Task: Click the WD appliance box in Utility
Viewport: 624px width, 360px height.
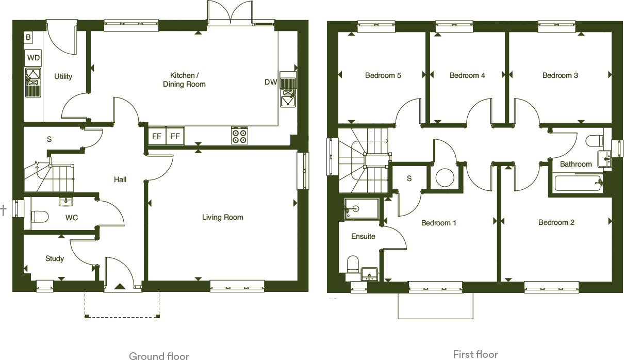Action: [x=33, y=58]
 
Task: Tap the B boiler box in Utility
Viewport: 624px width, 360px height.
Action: [x=28, y=37]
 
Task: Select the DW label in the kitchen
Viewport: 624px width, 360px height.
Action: [x=271, y=82]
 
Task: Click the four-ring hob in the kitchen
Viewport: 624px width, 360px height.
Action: [x=239, y=136]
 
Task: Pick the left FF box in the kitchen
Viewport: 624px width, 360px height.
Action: [x=156, y=136]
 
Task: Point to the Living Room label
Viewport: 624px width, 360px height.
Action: [x=222, y=217]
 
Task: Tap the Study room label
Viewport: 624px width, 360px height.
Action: [x=54, y=258]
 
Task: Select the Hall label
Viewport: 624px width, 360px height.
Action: [x=120, y=179]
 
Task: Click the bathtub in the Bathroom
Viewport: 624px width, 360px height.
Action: [x=577, y=184]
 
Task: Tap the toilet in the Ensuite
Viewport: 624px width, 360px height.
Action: [x=353, y=265]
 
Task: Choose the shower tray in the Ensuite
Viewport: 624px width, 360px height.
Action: [x=360, y=209]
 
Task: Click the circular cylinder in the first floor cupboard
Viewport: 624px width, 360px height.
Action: [x=444, y=178]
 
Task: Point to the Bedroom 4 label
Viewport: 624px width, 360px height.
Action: [x=467, y=75]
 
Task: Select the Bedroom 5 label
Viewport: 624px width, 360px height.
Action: [x=383, y=75]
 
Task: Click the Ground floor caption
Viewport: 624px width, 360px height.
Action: [x=159, y=355]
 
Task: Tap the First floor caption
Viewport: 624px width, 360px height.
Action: [x=475, y=354]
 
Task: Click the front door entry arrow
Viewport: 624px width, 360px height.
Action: [x=120, y=286]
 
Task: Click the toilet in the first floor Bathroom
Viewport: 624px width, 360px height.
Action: [x=595, y=141]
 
